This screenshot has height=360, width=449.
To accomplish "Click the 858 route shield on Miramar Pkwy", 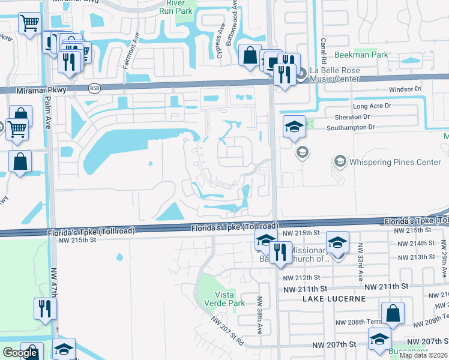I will pos(94,88).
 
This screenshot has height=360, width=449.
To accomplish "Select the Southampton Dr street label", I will pos(351,127).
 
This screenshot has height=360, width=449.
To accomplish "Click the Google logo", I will pos(20,353).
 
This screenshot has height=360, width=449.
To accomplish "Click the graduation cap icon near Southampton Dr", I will pos(294,127).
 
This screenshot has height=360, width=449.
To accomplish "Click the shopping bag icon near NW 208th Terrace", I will pos(393,313).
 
